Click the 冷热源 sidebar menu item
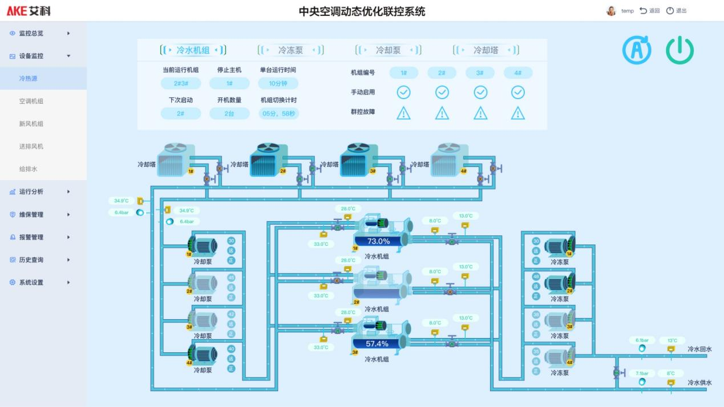pyautogui.click(x=28, y=79)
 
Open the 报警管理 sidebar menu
pyautogui.click(x=31, y=237)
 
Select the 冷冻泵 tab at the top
pyautogui.click(x=290, y=50)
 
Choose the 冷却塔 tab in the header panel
pyautogui.click(x=486, y=50)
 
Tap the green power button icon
pyautogui.click(x=679, y=51)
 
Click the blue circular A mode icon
pyautogui.click(x=636, y=51)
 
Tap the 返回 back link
pyautogui.click(x=650, y=11)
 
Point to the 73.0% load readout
pyautogui.click(x=378, y=241)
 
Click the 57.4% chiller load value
pyautogui.click(x=377, y=344)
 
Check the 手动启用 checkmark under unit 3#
pyautogui.click(x=480, y=92)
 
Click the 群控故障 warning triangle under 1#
pyautogui.click(x=403, y=113)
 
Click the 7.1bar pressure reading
pyautogui.click(x=642, y=373)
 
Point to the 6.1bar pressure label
pyautogui.click(x=642, y=340)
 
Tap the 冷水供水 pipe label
pyautogui.click(x=699, y=382)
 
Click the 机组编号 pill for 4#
pyautogui.click(x=517, y=73)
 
